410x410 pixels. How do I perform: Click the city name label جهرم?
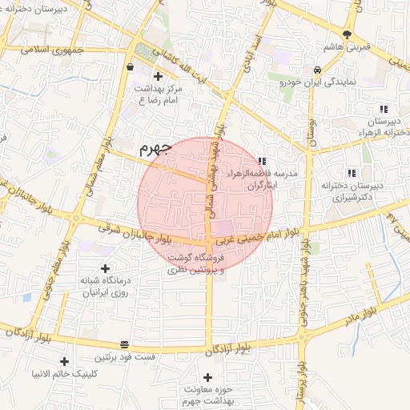click(155, 148)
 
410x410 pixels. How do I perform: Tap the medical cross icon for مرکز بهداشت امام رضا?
click(158, 76)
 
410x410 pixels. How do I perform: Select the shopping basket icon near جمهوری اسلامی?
click(130, 67)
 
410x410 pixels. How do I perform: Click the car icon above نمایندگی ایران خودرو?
click(318, 69)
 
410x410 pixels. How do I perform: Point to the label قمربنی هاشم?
click(348, 48)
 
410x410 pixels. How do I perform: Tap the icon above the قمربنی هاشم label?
click(347, 34)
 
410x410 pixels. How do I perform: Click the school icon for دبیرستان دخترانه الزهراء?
click(384, 109)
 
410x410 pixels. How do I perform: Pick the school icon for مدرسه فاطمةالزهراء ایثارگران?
click(262, 161)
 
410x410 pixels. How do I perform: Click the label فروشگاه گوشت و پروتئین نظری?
click(198, 264)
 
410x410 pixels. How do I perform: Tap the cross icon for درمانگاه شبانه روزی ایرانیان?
click(105, 268)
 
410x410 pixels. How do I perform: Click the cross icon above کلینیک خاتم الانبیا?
click(64, 361)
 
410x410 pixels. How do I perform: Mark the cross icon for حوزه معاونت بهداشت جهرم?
click(208, 376)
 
